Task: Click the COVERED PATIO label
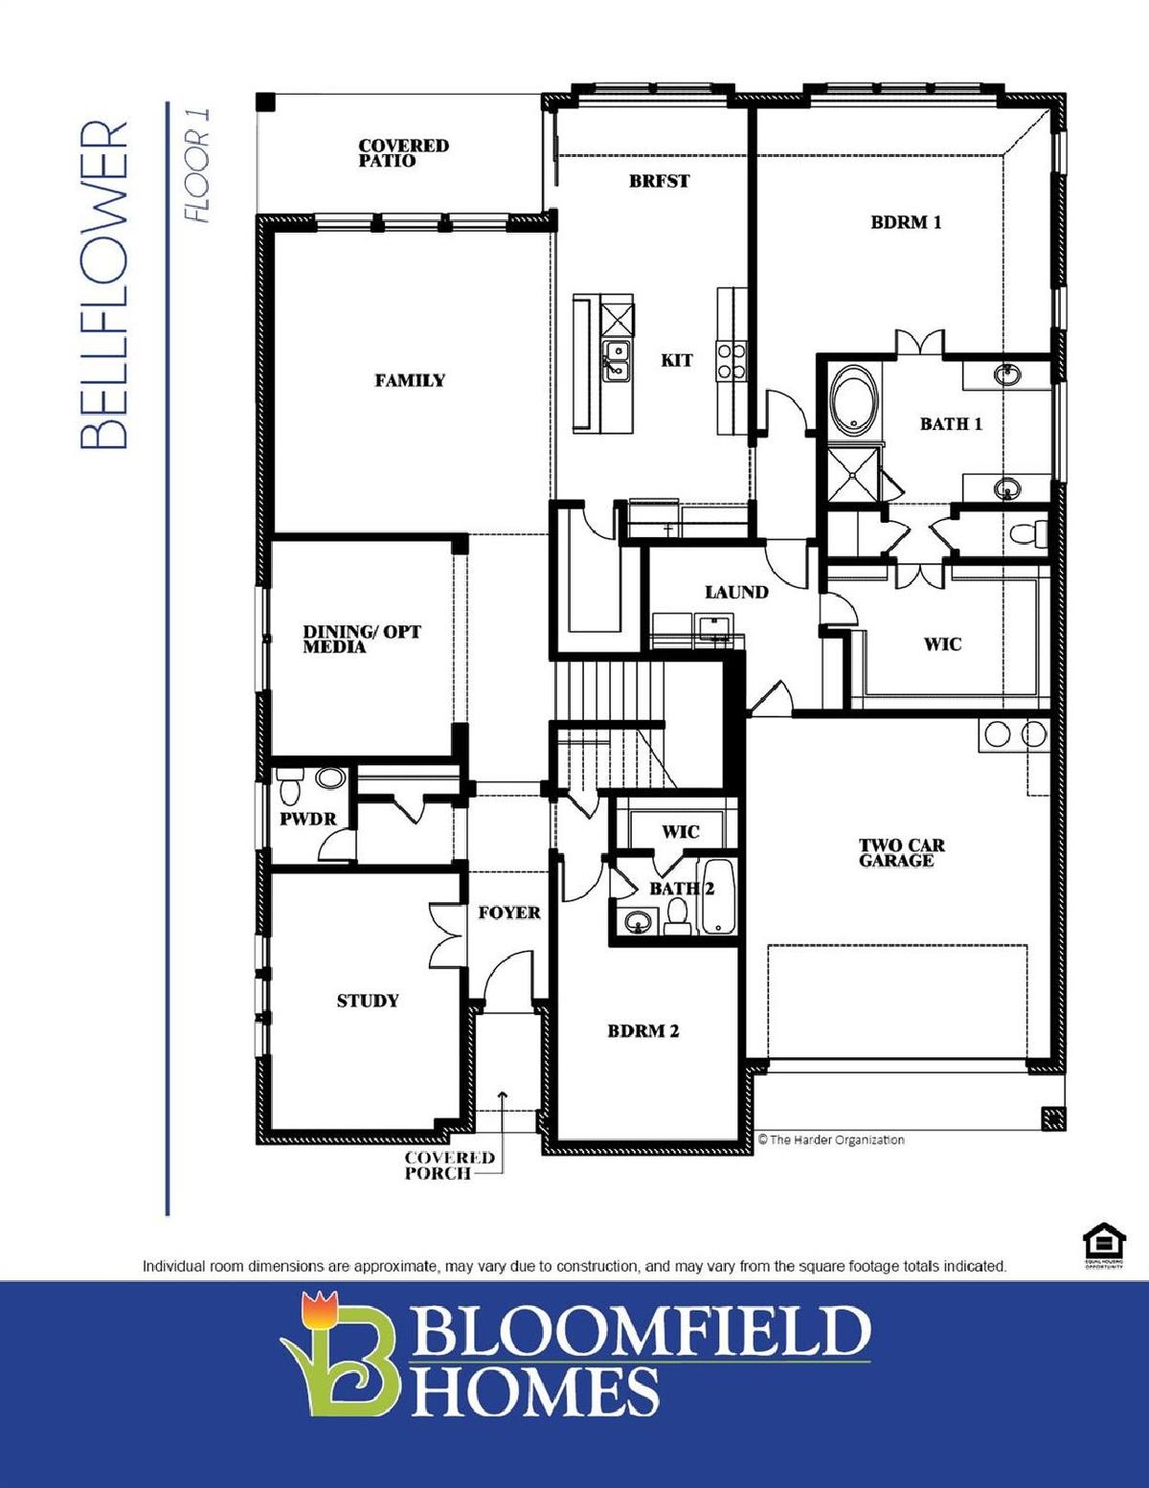pyautogui.click(x=404, y=153)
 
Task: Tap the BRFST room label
pyautogui.click(x=660, y=182)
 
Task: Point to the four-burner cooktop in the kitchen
pyautogui.click(x=732, y=362)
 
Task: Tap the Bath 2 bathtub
pyautogui.click(x=717, y=896)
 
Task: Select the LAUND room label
pyautogui.click(x=736, y=593)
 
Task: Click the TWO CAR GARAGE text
pyautogui.click(x=902, y=853)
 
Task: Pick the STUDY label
pyautogui.click(x=368, y=1002)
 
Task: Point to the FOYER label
pyautogui.click(x=509, y=913)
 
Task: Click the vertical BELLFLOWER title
pyautogui.click(x=104, y=284)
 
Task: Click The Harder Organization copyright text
pyautogui.click(x=831, y=1139)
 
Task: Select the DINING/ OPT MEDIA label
pyautogui.click(x=362, y=639)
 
